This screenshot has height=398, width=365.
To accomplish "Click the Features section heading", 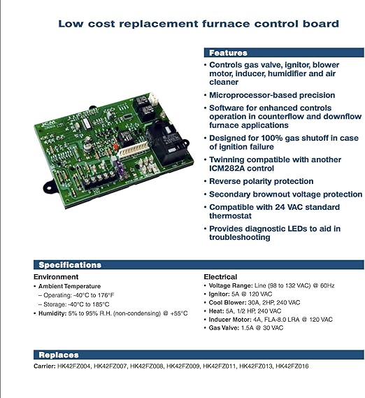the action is [228, 52].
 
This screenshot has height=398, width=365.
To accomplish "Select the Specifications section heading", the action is [70, 264].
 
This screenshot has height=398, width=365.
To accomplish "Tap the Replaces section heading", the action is [59, 355].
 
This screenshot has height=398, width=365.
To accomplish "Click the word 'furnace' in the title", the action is [226, 24].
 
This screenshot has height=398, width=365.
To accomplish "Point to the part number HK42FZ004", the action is [74, 366].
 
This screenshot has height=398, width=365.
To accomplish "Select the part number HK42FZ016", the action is [292, 366].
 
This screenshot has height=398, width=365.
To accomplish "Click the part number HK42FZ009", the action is [183, 366].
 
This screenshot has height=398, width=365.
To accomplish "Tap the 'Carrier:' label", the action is [45, 366].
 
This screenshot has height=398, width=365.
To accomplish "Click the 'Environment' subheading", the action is [56, 277].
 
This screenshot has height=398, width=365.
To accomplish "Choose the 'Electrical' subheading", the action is [220, 277].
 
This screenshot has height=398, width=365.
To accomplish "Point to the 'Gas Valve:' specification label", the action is [224, 327].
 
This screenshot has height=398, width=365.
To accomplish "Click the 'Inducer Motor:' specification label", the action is [230, 320].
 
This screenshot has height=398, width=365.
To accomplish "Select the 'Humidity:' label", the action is [52, 313].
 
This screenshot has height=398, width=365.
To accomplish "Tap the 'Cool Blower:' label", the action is [227, 303].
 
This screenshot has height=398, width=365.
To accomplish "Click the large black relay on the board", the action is [165, 142].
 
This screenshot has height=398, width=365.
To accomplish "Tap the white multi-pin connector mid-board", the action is [133, 151].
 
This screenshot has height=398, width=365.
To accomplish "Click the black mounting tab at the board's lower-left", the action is [50, 187].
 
